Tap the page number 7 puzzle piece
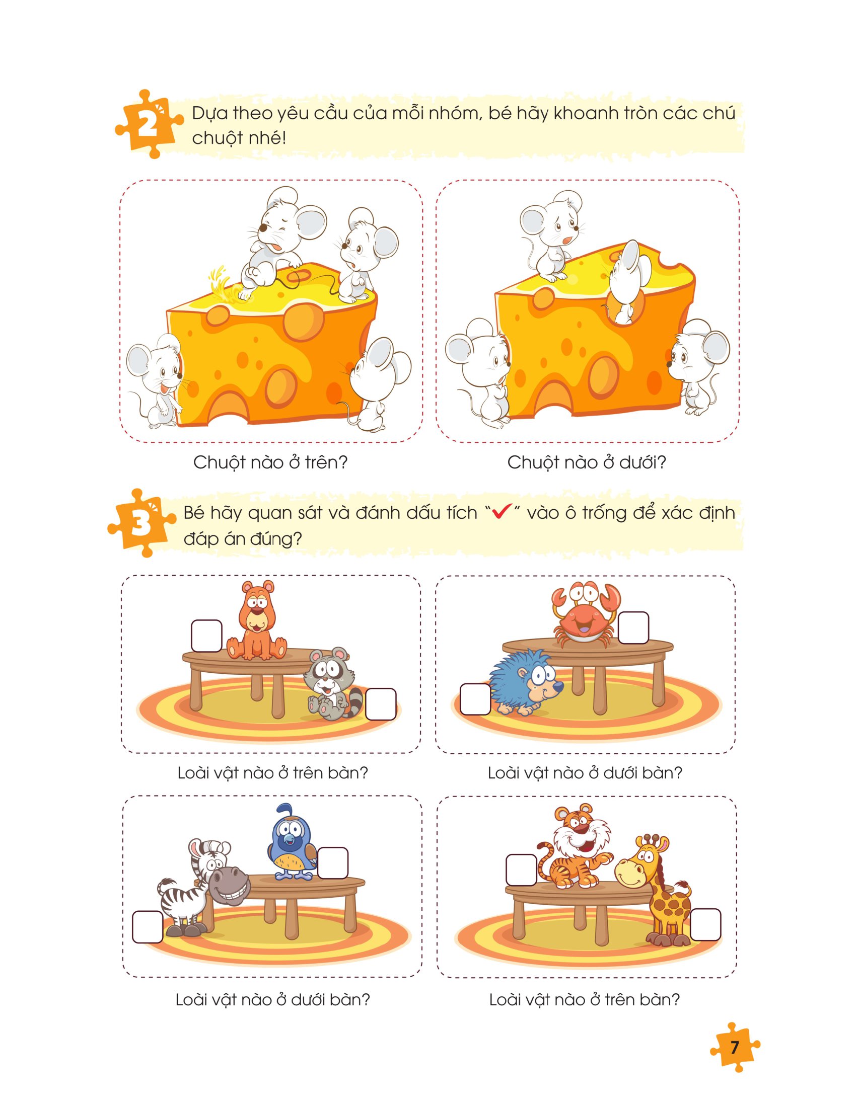coord(734,1047)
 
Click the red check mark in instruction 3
coord(500,513)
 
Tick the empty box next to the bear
coord(206,636)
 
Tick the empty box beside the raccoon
coord(380,704)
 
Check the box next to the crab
coord(633,628)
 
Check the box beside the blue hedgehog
coord(475,699)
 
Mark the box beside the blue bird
coord(333,863)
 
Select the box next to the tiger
coord(521,870)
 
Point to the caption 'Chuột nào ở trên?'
coord(270,463)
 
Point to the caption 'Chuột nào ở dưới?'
coord(586,463)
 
